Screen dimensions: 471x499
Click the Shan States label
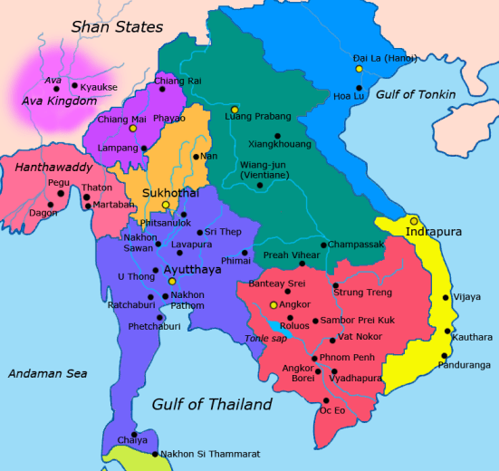click(x=117, y=27)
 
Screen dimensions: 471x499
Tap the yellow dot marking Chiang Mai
click(x=133, y=128)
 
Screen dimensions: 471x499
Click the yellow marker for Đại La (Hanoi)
click(x=360, y=69)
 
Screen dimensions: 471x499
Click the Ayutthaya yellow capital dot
click(x=171, y=282)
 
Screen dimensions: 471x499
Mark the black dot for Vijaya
click(x=445, y=297)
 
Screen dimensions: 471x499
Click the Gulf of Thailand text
click(x=212, y=404)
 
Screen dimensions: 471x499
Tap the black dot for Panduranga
click(x=445, y=355)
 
